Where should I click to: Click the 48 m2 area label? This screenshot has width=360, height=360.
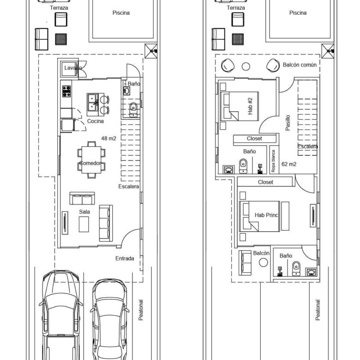tap(108, 138)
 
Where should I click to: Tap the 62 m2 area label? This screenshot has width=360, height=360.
tap(289, 164)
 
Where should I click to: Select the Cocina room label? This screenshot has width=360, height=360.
tap(95, 121)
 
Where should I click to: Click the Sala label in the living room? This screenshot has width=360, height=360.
tap(84, 212)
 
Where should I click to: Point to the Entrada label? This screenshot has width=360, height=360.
tap(125, 258)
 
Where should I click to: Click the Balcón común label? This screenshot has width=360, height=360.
tap(300, 65)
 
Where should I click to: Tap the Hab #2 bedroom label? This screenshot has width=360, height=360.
tap(250, 106)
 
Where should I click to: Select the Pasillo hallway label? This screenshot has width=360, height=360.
tap(288, 123)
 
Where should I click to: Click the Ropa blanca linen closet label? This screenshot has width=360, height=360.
tap(273, 161)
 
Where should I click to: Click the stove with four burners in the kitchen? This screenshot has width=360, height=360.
tap(66, 91)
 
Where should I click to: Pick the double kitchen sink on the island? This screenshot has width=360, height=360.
tap(93, 105)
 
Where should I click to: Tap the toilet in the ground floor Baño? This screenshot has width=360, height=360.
tap(133, 110)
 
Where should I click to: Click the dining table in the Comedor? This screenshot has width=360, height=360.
tap(91, 160)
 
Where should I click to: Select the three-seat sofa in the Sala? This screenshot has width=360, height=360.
tap(106, 223)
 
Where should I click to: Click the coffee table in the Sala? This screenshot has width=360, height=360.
tap(84, 224)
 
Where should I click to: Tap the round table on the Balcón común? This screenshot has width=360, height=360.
tap(246, 66)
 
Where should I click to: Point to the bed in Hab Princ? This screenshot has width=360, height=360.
tap(259, 216)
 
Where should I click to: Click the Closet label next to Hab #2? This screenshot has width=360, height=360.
tap(254, 138)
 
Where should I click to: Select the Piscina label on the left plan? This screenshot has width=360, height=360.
tap(121, 13)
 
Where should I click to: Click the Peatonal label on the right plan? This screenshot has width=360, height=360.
tap(318, 310)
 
